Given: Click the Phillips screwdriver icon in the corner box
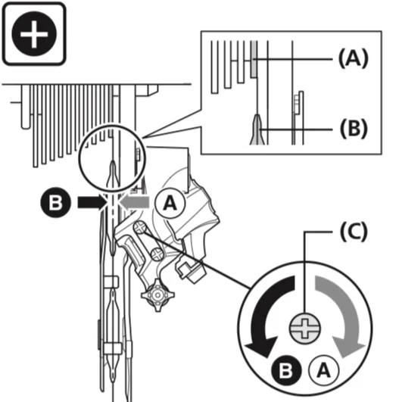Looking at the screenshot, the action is click(x=34, y=33).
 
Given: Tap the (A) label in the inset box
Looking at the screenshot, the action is click(x=354, y=59).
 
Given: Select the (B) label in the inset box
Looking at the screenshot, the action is click(x=354, y=129).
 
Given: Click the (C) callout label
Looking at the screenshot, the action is click(x=354, y=232).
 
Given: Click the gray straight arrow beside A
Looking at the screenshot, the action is click(x=134, y=202).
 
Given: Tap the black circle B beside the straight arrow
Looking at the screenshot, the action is click(x=55, y=203).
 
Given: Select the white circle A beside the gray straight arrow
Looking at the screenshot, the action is click(x=170, y=204).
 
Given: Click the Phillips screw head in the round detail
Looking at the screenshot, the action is click(x=305, y=328).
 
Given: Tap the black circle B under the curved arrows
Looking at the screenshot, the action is click(x=286, y=370).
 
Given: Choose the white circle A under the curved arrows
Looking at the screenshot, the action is click(x=324, y=370).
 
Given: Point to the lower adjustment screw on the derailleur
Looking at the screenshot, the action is click(x=157, y=254).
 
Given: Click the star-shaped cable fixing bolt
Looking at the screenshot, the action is click(x=157, y=295).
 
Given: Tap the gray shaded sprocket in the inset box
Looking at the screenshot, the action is click(x=254, y=59).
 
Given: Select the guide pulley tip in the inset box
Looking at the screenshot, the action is click(x=257, y=129).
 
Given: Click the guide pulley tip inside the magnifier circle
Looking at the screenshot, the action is click(x=112, y=172).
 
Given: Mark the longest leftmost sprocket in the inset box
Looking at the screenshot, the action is click(x=214, y=67).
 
